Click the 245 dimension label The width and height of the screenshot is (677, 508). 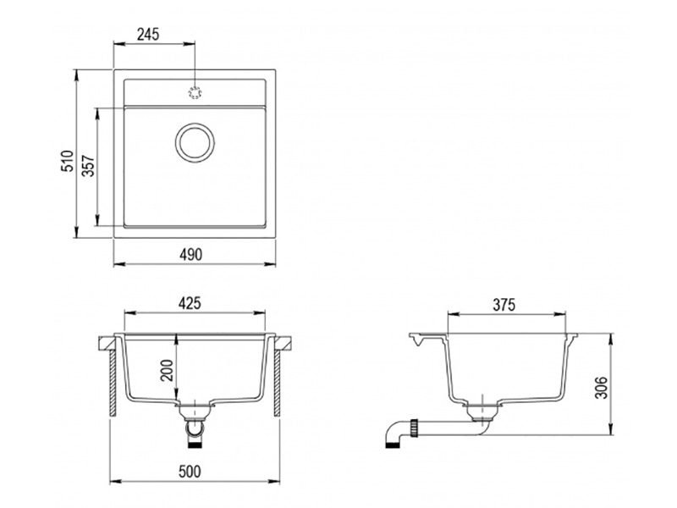(148, 34)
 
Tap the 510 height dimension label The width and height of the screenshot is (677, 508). (67, 161)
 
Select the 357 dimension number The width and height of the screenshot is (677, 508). (89, 166)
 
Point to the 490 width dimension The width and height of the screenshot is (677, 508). (190, 255)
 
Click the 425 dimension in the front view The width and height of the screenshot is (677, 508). (190, 303)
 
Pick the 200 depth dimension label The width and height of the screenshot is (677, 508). (167, 370)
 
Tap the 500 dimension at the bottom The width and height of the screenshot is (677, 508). (190, 472)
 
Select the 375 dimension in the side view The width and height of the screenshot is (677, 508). (504, 305)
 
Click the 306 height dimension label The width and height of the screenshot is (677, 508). (601, 388)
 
